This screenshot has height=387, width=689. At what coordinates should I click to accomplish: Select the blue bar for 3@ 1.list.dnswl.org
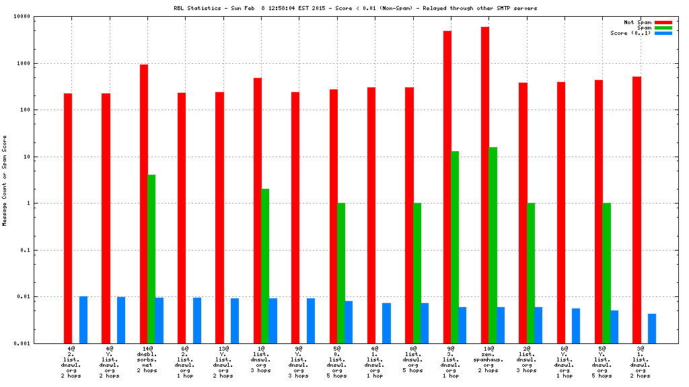click(x=652, y=329)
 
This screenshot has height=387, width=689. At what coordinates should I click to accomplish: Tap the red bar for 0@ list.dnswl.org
click(x=409, y=215)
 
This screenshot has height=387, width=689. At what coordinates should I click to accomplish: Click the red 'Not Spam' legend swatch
click(x=663, y=22)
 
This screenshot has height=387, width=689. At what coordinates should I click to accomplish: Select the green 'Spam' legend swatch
click(x=663, y=28)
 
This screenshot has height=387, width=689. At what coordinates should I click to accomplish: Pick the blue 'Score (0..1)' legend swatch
click(x=663, y=33)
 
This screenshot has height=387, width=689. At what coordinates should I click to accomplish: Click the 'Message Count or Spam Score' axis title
click(x=5, y=180)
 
